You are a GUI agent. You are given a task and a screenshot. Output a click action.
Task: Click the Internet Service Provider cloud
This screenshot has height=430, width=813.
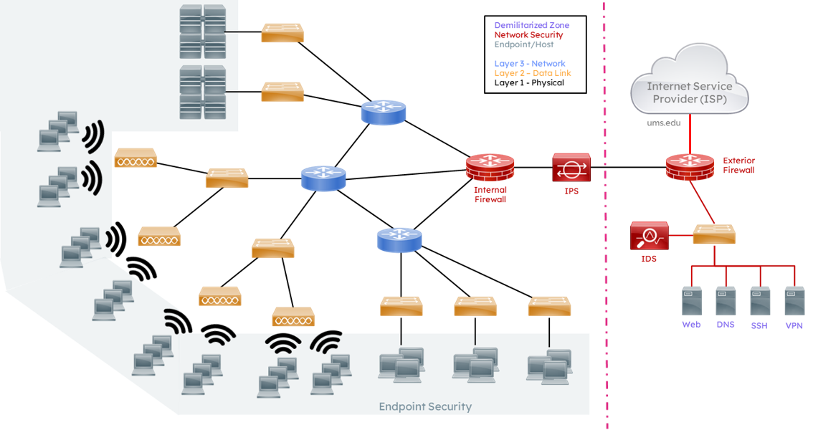[689, 85]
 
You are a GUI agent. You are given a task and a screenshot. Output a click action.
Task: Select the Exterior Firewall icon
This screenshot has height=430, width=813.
[689, 166]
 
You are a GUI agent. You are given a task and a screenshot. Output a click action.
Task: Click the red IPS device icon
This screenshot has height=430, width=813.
[571, 167]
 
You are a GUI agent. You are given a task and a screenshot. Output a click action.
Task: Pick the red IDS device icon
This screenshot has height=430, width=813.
[649, 235]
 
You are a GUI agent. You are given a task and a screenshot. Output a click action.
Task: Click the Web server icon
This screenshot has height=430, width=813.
[691, 301]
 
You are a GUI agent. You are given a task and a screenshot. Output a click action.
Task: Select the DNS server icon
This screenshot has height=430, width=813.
[726, 301]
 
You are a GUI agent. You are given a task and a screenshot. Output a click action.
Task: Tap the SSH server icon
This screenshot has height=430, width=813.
[759, 301]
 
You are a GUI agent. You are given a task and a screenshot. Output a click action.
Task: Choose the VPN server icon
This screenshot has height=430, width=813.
[794, 301]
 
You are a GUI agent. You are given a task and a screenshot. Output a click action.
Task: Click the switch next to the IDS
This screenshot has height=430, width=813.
[714, 234]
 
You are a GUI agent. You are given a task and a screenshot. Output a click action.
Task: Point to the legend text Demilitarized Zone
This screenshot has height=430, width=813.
[532, 26]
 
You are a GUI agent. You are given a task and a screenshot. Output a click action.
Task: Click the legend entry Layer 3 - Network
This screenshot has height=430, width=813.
[530, 64]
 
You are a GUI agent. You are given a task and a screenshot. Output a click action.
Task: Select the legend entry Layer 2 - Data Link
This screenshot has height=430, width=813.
[533, 73]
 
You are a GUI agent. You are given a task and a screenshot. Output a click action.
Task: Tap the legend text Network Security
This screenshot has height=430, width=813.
[528, 35]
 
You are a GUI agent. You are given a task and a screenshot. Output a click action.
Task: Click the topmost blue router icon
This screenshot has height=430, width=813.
[383, 113]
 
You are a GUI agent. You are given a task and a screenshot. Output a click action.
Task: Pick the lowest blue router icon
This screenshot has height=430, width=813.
[399, 239]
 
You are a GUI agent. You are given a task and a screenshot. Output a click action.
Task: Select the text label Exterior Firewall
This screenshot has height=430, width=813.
[739, 165]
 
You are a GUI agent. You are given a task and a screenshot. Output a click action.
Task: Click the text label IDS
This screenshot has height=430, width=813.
[649, 259]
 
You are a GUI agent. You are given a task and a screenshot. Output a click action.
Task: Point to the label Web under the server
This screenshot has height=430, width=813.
[691, 325]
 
